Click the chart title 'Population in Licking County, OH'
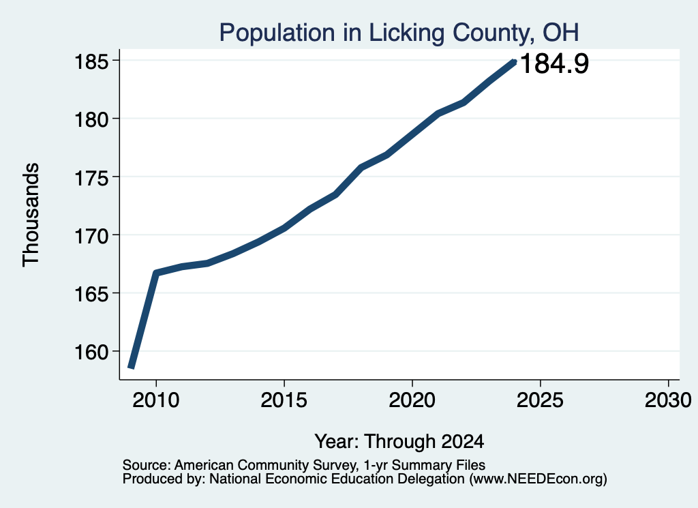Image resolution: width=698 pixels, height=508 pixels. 399,33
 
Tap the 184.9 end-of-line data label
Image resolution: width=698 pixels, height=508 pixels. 554,63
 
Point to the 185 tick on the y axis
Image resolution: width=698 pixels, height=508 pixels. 91,61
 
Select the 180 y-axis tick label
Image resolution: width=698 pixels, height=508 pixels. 91,119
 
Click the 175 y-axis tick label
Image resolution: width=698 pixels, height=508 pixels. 91,178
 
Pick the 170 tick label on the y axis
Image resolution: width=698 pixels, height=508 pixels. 91,235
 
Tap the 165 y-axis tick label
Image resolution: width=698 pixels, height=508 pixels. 91,294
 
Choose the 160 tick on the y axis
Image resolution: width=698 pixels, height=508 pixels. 91,352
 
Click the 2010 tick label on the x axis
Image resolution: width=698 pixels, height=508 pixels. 156,400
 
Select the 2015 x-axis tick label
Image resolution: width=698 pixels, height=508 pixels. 284,400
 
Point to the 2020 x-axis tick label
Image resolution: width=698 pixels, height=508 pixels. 412,400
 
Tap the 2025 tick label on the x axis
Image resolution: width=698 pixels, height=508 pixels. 540,400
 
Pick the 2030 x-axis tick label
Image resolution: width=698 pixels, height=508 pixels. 668,400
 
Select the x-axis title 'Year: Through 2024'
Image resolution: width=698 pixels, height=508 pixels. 399,442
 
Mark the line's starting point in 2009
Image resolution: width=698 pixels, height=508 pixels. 131,368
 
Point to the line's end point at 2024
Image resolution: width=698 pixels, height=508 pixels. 514,62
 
